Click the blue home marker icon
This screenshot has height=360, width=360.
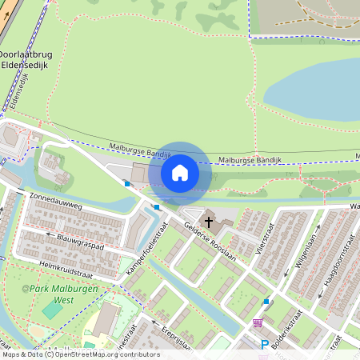pos(180,172)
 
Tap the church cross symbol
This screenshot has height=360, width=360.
pos(210,221)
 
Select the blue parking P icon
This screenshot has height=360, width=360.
pos(265,345)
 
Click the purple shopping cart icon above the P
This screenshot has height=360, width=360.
pos(258,322)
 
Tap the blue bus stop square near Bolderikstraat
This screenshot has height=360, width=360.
pos(266,301)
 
